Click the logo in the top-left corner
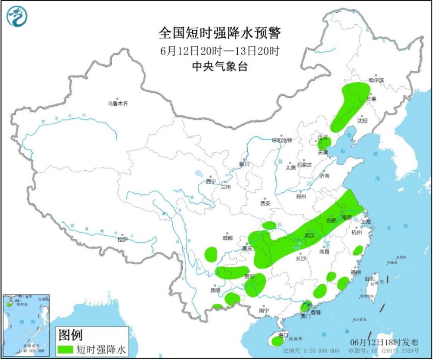tap(17, 16)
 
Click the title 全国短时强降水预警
tap(220, 33)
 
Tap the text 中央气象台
tap(220, 66)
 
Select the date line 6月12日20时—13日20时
tap(220, 51)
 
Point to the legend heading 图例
tap(70, 334)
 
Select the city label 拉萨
tap(123, 240)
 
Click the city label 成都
tap(227, 238)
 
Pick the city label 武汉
tap(309, 235)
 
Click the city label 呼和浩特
tap(282, 140)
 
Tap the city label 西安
tap(265, 203)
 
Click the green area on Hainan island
tap(277, 342)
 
